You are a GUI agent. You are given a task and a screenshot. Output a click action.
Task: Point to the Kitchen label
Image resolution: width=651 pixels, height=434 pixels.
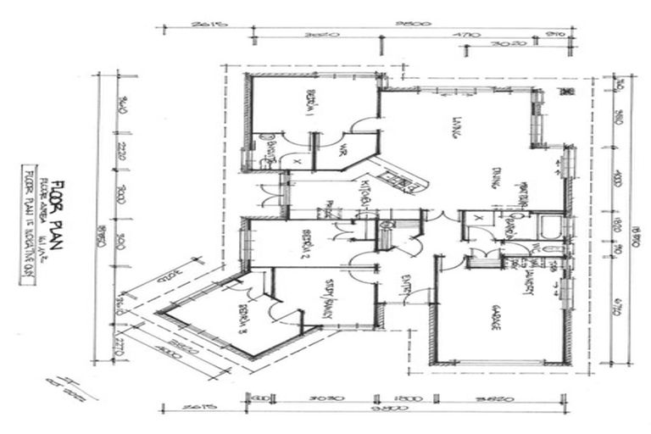(366, 195)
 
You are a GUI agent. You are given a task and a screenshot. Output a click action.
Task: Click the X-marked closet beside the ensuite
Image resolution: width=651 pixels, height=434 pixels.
(298, 159)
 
